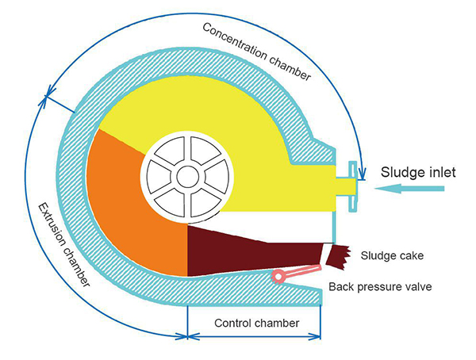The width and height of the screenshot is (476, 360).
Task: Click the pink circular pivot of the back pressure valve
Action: [x=278, y=277]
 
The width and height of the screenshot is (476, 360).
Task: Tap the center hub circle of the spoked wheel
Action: [x=187, y=177]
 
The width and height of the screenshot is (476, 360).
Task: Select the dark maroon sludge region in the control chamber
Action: [x=238, y=246]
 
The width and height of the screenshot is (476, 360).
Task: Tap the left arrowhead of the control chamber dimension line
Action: [x=191, y=336]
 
